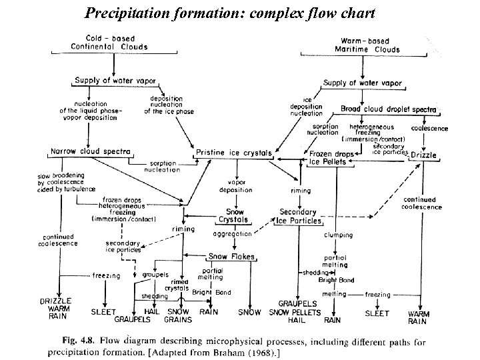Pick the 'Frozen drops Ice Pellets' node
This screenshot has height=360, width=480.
click(333, 157)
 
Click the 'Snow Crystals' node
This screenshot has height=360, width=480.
click(233, 215)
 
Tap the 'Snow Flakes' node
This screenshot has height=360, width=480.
click(227, 256)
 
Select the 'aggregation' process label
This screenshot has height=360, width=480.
click(232, 234)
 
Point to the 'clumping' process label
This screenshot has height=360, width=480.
click(338, 235)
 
